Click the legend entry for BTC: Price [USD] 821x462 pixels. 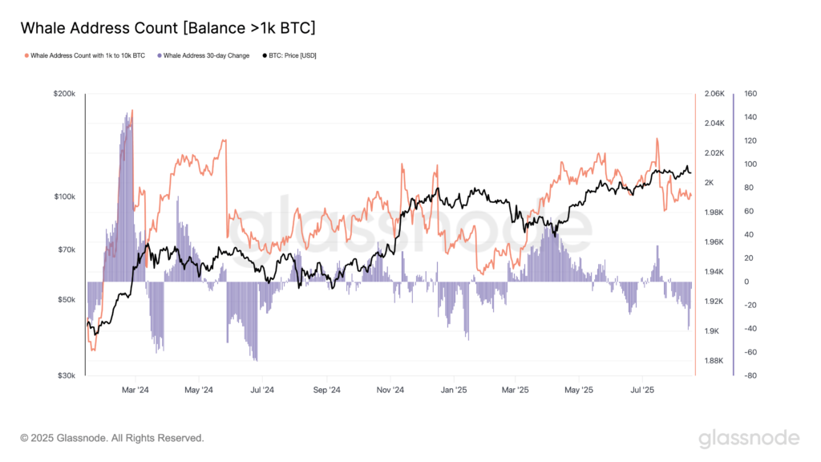point(287,55)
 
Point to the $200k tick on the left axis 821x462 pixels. point(64,94)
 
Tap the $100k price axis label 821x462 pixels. point(64,197)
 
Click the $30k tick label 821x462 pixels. point(66,375)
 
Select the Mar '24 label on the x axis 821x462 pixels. point(135,390)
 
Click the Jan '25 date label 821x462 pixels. point(454,390)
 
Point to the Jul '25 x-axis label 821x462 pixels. point(643,390)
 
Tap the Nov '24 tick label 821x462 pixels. point(390,390)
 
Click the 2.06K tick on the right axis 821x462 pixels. point(714,94)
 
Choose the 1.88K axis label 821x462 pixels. point(714,361)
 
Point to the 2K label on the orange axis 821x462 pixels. point(710,183)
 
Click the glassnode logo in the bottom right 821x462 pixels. point(749,438)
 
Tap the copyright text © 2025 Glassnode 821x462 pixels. point(112,438)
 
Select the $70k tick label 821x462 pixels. point(66,249)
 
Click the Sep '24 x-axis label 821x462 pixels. point(326,390)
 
